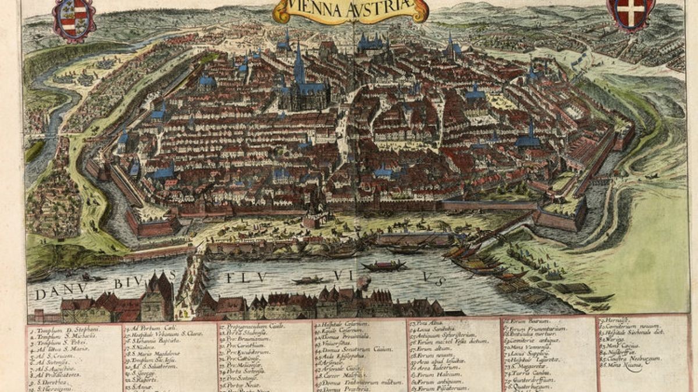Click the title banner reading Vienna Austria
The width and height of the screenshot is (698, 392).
pos(351,10)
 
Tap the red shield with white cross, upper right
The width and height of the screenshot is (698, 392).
pos(630,13)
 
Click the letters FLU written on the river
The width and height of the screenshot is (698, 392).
pos(241,277)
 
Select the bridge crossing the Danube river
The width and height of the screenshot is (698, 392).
pos(192,273)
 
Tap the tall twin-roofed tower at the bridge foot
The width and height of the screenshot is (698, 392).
pos(160,293)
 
